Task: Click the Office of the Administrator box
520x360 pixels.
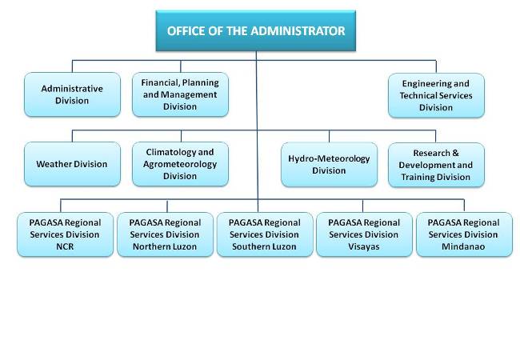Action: pos(256,31)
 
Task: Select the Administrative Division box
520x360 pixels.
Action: pos(72,94)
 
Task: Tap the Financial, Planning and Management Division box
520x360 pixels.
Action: pos(180,94)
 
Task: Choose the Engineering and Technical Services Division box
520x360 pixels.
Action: pos(436,95)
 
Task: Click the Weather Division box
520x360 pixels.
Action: pos(72,164)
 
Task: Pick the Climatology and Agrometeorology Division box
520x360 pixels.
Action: pos(180,164)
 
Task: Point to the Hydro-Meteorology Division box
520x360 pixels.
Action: pos(329,165)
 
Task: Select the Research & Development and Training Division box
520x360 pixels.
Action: pos(436,165)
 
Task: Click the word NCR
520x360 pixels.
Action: pos(65,246)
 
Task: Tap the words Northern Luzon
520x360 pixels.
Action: pos(165,246)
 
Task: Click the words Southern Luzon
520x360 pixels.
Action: pos(264,246)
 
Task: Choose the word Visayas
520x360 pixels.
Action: pos(364,246)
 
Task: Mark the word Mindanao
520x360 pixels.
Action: pos(463,246)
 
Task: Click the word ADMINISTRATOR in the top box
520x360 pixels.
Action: pos(298,31)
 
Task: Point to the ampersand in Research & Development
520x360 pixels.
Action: pos(455,153)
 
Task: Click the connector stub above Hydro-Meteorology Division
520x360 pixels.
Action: pos(330,136)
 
